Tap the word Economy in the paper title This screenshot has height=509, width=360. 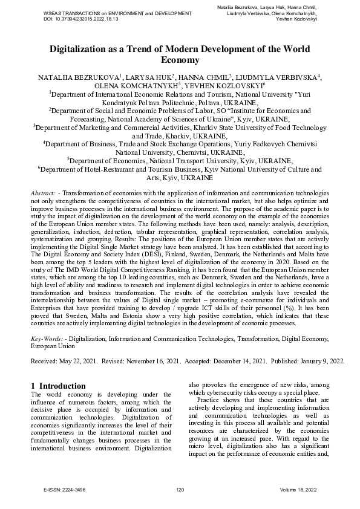point(180,60)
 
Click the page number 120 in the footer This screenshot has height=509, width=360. point(180,490)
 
